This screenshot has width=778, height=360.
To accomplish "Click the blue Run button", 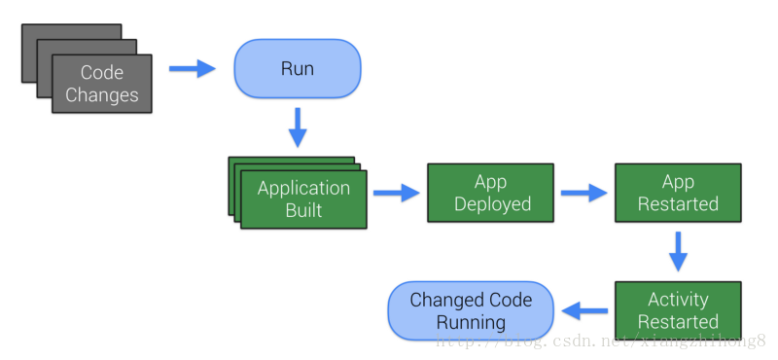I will point(298,69).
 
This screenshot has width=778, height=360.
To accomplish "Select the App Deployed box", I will point(492,193).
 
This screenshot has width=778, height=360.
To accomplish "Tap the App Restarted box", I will point(678,193).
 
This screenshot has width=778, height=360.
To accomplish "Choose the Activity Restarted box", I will point(678,310).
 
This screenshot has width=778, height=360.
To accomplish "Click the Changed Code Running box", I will point(471,310).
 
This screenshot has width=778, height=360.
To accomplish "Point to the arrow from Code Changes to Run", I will point(192,69).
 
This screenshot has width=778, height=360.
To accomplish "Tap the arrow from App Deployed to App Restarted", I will point(583,193).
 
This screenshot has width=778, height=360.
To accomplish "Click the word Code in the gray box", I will point(101,73).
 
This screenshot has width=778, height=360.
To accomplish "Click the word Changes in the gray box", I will point(101,95).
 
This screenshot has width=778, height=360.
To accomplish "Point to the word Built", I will point(303,209).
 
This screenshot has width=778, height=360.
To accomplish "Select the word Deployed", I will point(492,204).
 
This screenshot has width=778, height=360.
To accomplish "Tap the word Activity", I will point(678,299).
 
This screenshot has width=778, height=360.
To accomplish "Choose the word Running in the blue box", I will point(471,322).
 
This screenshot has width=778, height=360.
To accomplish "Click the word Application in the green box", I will point(303,188).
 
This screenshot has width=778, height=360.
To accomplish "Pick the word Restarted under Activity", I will point(678,322).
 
